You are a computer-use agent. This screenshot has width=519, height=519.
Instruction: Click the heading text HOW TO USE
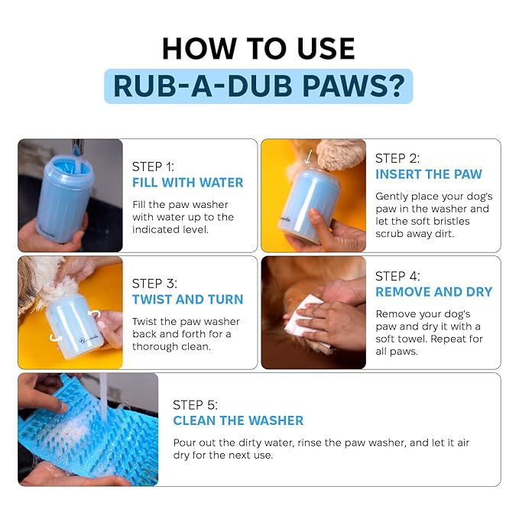pos(258,48)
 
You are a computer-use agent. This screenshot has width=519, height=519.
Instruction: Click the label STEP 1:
pos(153,167)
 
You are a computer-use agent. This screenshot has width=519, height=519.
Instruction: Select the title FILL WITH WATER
pos(188,183)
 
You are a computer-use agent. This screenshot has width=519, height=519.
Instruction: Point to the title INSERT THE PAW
pos(429,174)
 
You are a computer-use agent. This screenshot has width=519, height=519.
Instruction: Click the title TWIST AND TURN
pos(188,299)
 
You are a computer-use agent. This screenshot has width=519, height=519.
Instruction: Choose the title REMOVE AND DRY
pos(434,292)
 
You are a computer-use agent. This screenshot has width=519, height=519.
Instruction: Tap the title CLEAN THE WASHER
pos(238,420)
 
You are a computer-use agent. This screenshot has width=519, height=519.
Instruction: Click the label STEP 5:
pos(195,405)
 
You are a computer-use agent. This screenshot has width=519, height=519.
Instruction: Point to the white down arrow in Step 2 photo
pos(308,157)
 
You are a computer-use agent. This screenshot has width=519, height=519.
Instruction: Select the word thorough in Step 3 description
pos(152,346)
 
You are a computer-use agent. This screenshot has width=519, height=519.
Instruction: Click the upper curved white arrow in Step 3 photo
pos(95,313)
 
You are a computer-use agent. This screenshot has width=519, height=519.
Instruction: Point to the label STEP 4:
pos(397,276)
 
